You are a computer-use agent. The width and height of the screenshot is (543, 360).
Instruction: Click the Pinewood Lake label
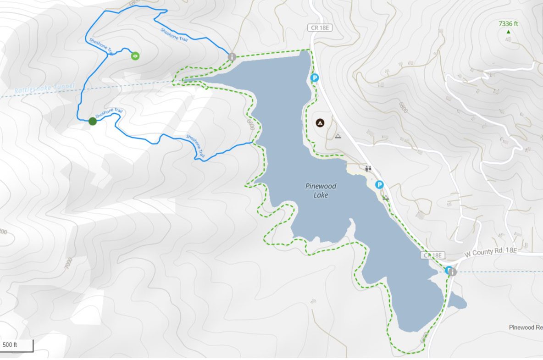coord(321,190)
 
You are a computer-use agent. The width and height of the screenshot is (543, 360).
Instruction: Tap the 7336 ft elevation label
coord(508,23)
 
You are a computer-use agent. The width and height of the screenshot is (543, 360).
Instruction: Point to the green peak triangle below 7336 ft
coord(508,32)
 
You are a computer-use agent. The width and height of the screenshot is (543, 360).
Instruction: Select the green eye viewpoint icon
coord(135,56)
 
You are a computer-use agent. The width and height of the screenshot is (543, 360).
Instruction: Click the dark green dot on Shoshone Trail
coord(93,121)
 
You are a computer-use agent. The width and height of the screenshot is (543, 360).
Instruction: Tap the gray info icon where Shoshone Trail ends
coord(232,57)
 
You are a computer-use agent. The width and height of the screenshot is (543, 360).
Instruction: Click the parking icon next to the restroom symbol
coord(379,185)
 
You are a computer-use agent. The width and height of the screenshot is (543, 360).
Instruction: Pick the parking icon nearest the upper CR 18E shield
coord(315,78)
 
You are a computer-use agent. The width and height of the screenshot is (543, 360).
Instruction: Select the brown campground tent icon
coord(319,123)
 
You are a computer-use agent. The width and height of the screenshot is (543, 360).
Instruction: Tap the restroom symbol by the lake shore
coord(368,168)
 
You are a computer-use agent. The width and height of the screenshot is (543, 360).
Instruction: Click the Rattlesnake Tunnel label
coord(44,89)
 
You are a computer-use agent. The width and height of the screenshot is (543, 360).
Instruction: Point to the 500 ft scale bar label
coord(10,345)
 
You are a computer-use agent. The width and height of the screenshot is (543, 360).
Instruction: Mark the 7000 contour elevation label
coord(68,264)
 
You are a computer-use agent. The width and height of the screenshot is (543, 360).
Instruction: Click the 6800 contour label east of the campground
coord(403,108)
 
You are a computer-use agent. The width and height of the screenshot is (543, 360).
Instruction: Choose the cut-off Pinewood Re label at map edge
coord(526,327)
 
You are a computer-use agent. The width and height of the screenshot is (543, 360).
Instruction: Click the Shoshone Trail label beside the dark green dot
coord(109,112)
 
